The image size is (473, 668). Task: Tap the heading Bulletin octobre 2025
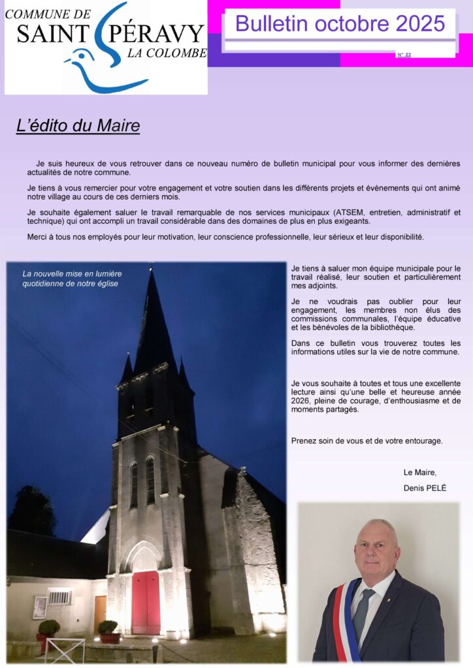coord(340,23)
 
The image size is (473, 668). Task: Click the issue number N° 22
coord(404,55)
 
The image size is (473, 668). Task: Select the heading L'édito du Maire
coord(78,125)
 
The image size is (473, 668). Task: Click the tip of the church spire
coord(152,271)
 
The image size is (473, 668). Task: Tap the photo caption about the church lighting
coord(72,279)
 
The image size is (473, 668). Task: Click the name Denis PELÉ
coord(425,488)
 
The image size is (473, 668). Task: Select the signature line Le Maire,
coord(419,472)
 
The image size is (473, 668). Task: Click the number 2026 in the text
coord(301,401)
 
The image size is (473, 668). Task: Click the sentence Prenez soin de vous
coord(367,440)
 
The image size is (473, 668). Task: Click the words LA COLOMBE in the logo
coord(166,54)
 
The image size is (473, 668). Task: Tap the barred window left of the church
coord(59,597)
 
